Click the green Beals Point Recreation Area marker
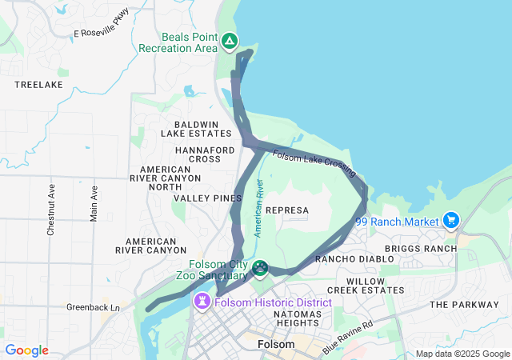coord(229,41)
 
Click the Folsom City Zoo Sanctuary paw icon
coord(260,267)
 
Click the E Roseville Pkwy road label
coord(100,34)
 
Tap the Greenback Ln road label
coord(93,307)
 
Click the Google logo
coord(26,350)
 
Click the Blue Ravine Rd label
coord(348,338)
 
